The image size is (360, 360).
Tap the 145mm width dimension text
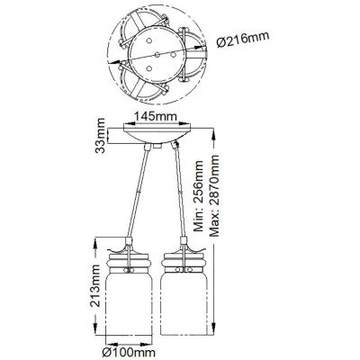point(152,114)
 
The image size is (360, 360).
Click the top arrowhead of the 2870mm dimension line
point(214,129)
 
